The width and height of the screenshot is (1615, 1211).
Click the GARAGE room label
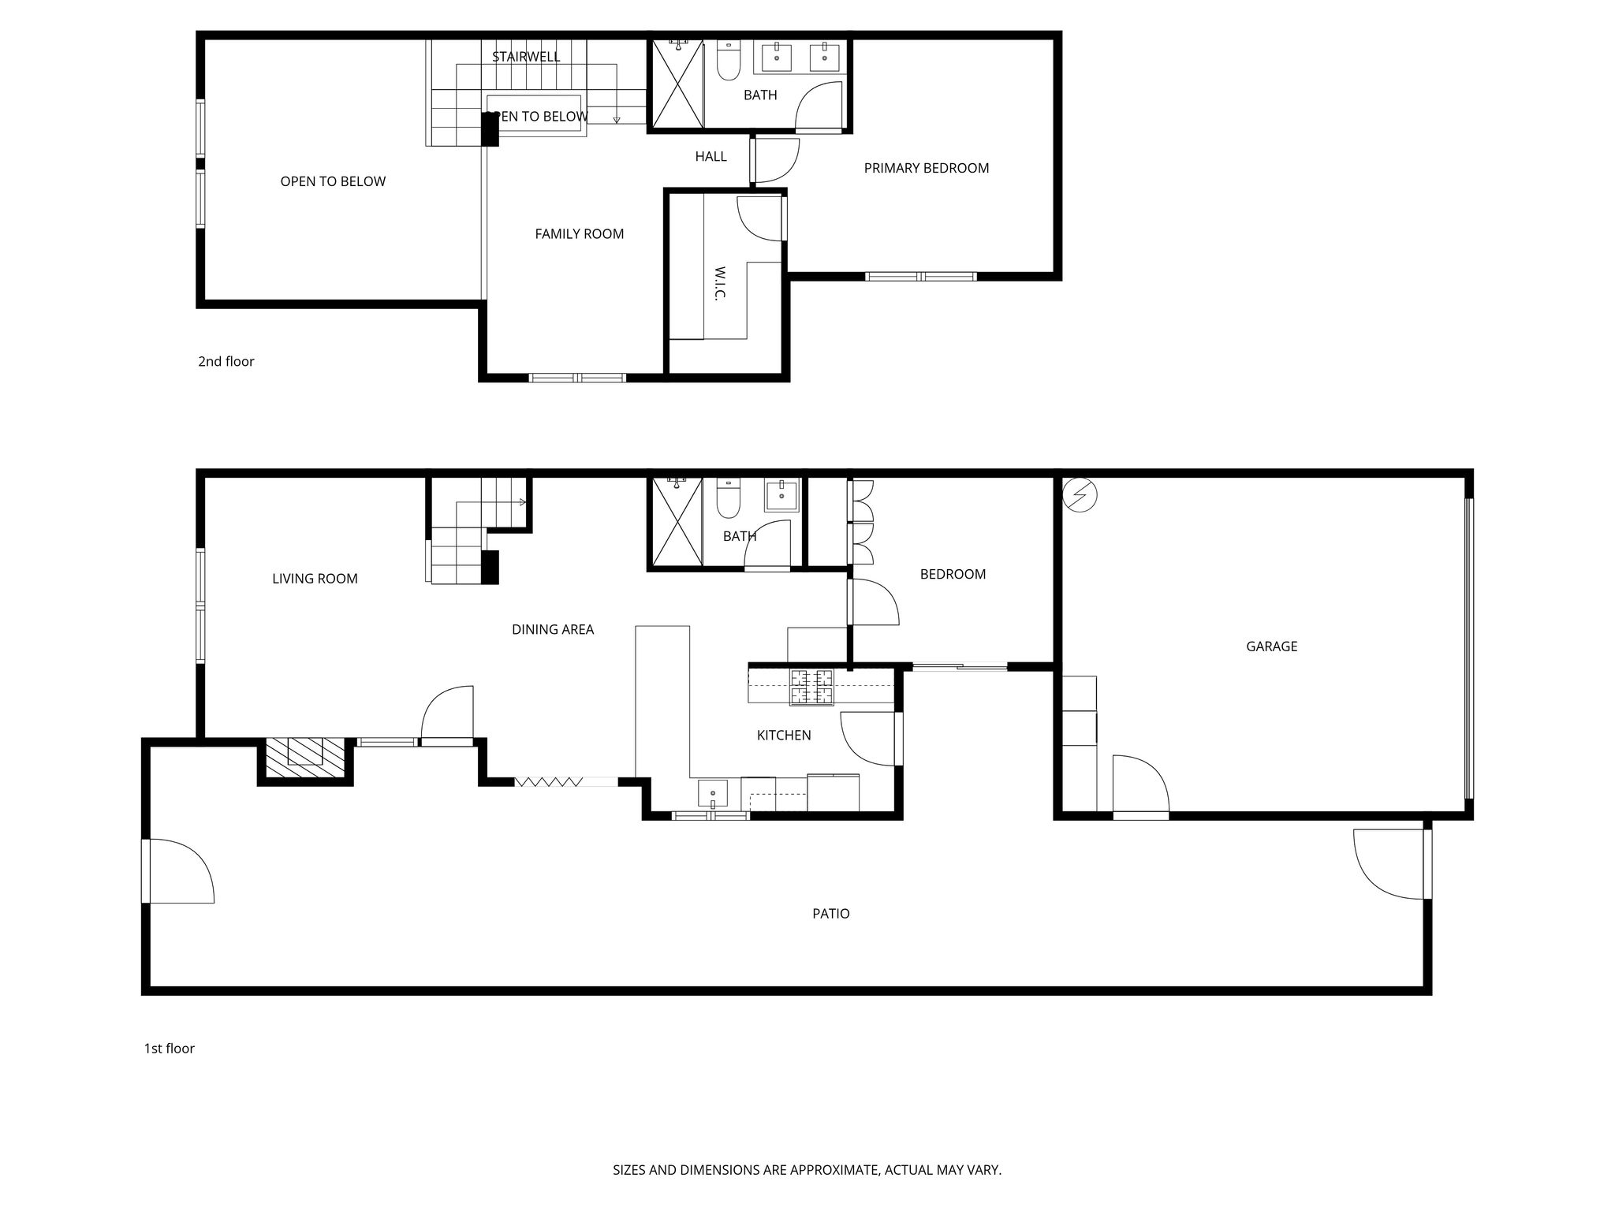tap(1271, 646)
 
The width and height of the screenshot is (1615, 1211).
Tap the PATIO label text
tap(831, 914)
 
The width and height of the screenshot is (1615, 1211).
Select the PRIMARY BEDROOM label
tap(927, 168)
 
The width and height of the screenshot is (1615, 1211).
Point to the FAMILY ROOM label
tap(580, 233)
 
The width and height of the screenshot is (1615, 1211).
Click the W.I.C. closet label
tap(719, 283)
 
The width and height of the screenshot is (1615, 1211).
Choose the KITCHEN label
tap(784, 735)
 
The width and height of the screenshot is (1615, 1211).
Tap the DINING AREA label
tap(553, 629)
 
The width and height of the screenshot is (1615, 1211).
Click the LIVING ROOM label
tap(315, 579)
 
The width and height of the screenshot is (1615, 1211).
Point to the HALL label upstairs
tap(711, 156)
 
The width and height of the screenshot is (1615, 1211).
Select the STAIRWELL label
tap(526, 57)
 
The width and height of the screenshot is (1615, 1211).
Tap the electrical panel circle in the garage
tap(1080, 494)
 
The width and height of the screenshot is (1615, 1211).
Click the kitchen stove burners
tap(811, 686)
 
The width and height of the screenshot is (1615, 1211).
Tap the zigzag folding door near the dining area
tap(549, 781)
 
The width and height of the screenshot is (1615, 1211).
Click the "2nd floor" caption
tap(226, 361)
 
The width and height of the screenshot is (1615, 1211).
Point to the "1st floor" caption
tap(169, 1048)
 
